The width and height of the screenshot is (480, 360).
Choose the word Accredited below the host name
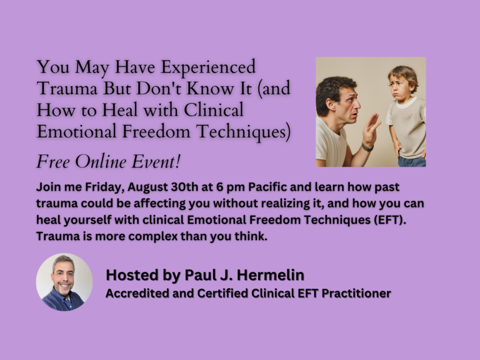coord(135,293)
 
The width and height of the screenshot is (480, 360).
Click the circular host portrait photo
coord(64,282)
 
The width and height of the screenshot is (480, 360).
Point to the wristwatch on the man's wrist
coord(366,147)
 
